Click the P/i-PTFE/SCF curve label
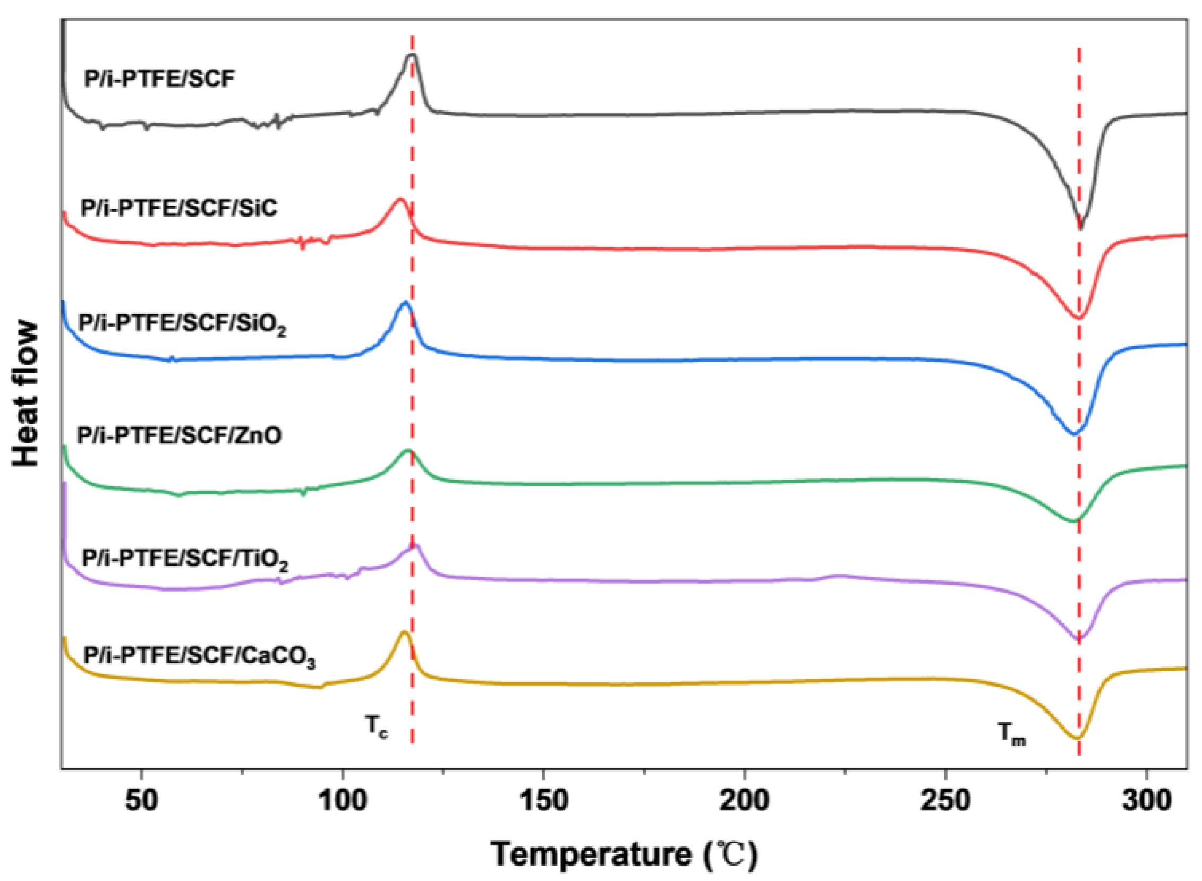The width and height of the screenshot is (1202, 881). (x=159, y=80)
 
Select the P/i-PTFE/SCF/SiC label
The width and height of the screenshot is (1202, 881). (x=178, y=208)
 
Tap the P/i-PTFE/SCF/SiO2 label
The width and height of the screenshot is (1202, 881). (x=182, y=325)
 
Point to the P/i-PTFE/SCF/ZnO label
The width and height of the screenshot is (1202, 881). (x=178, y=435)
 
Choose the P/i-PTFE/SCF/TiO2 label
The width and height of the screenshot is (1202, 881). (x=184, y=559)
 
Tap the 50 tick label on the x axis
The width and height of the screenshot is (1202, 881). (x=141, y=801)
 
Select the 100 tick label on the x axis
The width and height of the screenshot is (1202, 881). (x=343, y=801)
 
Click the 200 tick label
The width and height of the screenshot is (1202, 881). (x=744, y=801)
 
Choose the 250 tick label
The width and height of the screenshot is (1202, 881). (x=945, y=801)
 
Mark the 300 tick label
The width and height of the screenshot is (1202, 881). (x=1146, y=801)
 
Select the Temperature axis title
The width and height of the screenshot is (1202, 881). (x=624, y=855)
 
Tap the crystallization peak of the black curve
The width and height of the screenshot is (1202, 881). (x=412, y=55)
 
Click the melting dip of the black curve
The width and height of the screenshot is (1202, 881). (x=1080, y=227)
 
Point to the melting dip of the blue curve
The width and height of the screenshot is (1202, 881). (x=1075, y=433)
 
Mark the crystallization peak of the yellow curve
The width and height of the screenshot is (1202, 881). (x=404, y=632)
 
